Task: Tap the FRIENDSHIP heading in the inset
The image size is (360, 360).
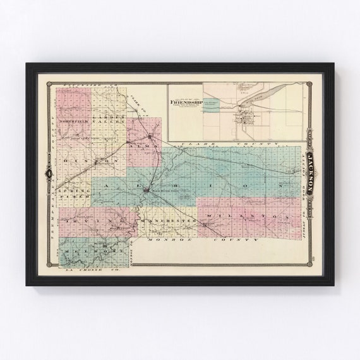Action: tap(184, 99)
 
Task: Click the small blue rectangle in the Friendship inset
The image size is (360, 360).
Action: tap(213, 108)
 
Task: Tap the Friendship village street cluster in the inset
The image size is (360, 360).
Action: tap(244, 117)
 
